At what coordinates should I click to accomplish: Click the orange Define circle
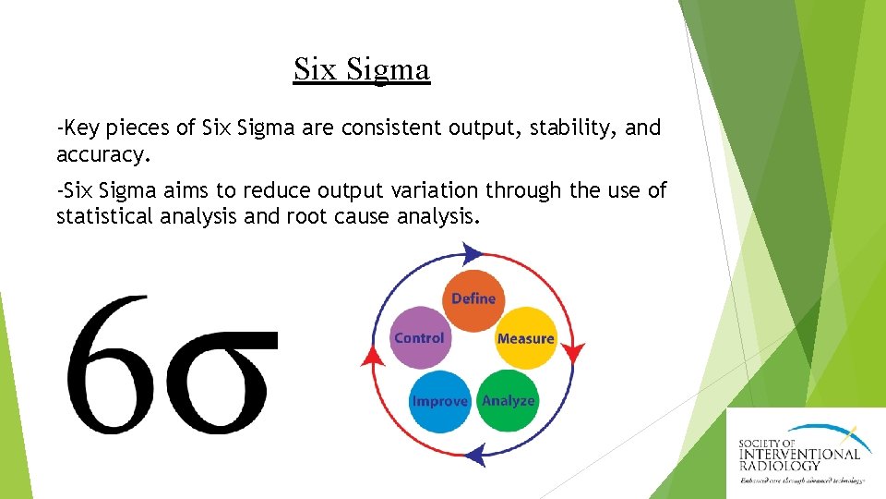coord(473,299)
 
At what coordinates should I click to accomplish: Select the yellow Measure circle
coord(525,337)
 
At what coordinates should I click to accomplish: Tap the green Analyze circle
coord(508,400)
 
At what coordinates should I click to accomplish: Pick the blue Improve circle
coord(440,401)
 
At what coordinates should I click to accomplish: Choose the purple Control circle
coord(419,337)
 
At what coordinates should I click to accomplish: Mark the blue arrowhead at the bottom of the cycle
coord(475,453)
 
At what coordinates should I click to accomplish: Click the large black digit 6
coord(108,365)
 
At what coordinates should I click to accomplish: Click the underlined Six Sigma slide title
coord(362,69)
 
